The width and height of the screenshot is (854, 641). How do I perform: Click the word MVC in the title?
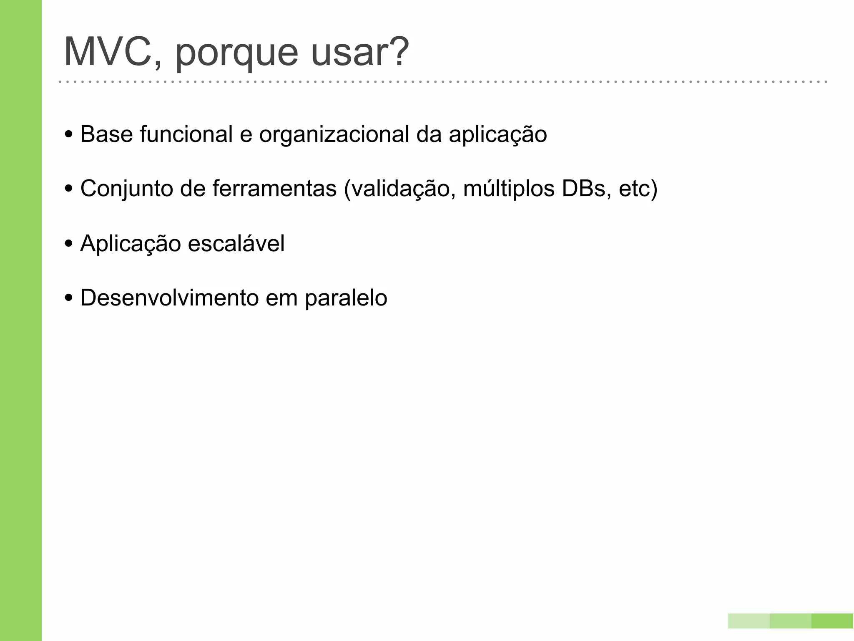pyautogui.click(x=108, y=53)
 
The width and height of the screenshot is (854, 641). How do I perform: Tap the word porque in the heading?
pyautogui.click(x=236, y=54)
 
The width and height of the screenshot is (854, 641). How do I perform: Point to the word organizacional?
pyautogui.click(x=334, y=135)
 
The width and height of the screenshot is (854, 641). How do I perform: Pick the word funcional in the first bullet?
pyautogui.click(x=186, y=134)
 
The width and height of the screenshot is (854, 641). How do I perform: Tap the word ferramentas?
pyautogui.click(x=274, y=189)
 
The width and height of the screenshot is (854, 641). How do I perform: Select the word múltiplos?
pyautogui.click(x=509, y=189)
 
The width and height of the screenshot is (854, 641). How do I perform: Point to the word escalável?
pyautogui.click(x=236, y=243)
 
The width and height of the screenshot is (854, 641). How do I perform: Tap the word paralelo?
pyautogui.click(x=346, y=299)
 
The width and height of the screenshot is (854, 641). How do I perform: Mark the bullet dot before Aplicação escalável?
pyautogui.click(x=69, y=244)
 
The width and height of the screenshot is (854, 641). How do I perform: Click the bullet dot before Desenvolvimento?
pyautogui.click(x=69, y=298)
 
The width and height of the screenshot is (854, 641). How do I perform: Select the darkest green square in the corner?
pyautogui.click(x=832, y=621)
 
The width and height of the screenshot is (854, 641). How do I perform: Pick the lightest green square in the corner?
pyautogui.click(x=749, y=621)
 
